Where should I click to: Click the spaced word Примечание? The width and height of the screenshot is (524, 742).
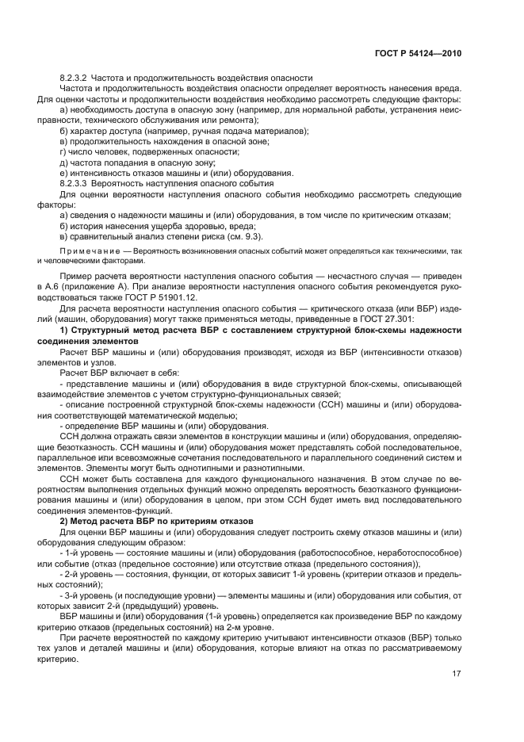point(86,251)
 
